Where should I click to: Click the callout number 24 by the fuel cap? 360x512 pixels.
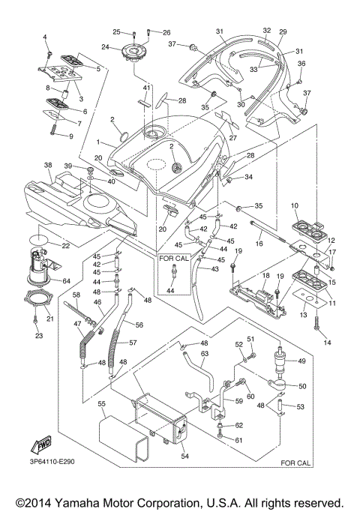click(x=106, y=47)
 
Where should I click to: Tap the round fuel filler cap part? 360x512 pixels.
click(x=136, y=53)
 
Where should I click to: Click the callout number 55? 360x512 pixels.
click(x=100, y=403)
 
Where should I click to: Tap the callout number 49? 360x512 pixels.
click(x=302, y=361)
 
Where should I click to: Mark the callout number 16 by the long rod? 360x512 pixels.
click(x=257, y=244)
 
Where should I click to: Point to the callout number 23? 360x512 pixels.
click(x=37, y=337)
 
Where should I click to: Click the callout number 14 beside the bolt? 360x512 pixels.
click(x=326, y=343)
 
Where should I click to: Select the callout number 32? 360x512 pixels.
click(x=266, y=30)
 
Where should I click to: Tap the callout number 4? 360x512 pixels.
click(x=44, y=37)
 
